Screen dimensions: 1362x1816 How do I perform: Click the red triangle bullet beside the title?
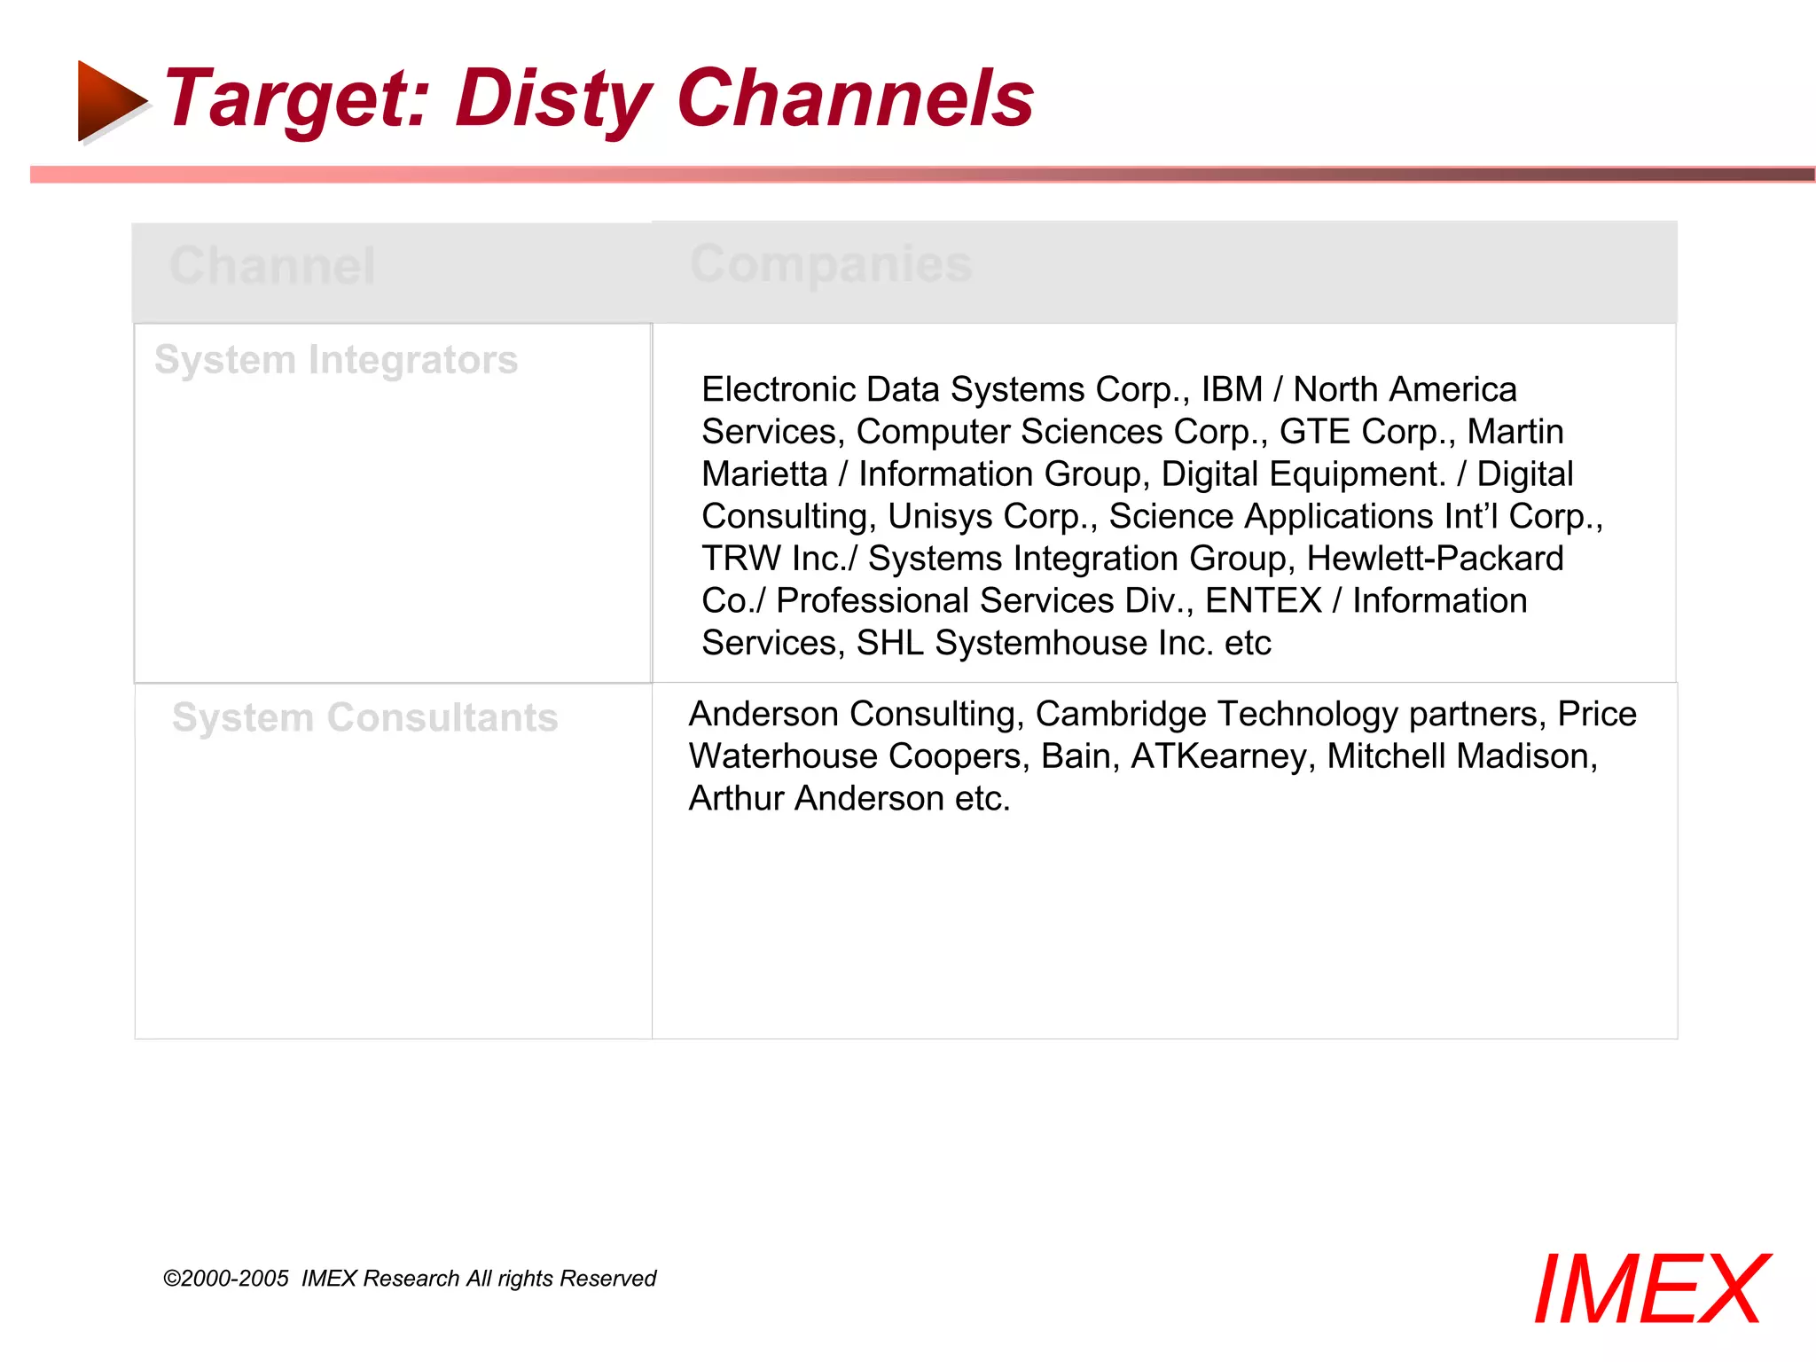pos(111,100)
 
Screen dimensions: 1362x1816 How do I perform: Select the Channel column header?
pos(272,265)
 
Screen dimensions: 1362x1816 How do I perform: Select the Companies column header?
pos(831,263)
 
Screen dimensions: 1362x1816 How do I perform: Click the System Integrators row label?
pos(336,360)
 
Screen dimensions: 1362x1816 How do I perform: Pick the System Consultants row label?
pos(364,717)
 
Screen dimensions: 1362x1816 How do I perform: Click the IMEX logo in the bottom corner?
pos(1650,1289)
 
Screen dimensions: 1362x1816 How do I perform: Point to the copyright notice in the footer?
pos(409,1278)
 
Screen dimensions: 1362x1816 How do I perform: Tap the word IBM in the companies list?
pos(1232,390)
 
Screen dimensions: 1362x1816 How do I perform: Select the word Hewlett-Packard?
pos(1435,559)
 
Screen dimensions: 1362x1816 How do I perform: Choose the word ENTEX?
pos(1263,601)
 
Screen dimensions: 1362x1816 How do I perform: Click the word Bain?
pos(1075,756)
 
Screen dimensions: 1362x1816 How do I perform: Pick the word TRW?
pos(741,559)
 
